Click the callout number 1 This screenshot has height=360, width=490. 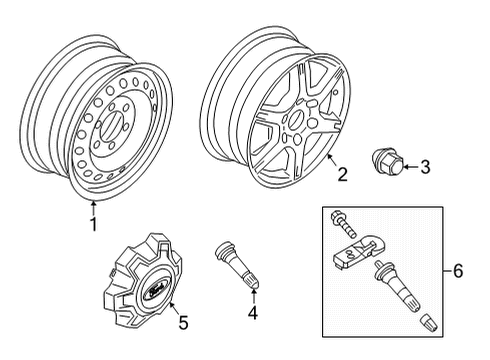94,224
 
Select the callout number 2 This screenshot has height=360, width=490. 342,174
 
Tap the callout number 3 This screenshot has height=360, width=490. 425,167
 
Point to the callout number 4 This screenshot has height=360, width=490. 253,313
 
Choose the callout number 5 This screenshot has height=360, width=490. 183,322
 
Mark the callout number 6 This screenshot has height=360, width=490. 458,271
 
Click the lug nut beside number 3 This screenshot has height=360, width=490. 387,162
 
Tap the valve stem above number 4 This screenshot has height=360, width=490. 238,265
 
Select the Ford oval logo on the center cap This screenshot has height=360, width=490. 155,288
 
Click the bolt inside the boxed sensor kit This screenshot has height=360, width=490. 343,224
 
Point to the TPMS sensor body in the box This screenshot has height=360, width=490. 356,252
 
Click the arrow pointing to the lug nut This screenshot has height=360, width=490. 411,166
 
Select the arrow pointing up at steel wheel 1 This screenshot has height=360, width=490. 94,208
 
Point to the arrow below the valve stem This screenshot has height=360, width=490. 253,296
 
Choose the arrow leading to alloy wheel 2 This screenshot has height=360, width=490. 333,161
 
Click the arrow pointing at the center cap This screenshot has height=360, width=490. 174,309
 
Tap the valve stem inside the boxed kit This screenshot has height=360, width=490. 398,286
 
